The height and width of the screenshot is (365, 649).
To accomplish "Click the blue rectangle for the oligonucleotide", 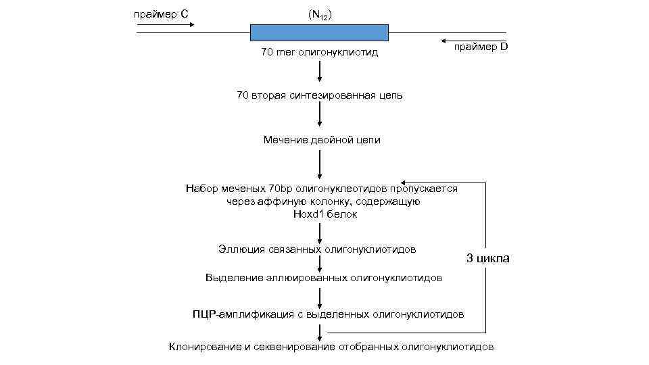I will tap(319, 32).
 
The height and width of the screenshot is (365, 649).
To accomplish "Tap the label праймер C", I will tap(161, 14).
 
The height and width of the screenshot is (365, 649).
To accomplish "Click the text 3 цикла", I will tap(487, 258).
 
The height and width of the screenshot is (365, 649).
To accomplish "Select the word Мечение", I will tap(285, 140).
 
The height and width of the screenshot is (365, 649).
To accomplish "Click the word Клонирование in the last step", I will tap(205, 347).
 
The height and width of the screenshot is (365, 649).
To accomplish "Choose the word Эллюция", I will tap(237, 249).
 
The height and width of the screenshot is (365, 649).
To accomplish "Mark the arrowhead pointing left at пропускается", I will tap(404, 182).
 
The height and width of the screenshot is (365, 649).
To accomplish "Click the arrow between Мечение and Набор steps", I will tap(319, 164).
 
